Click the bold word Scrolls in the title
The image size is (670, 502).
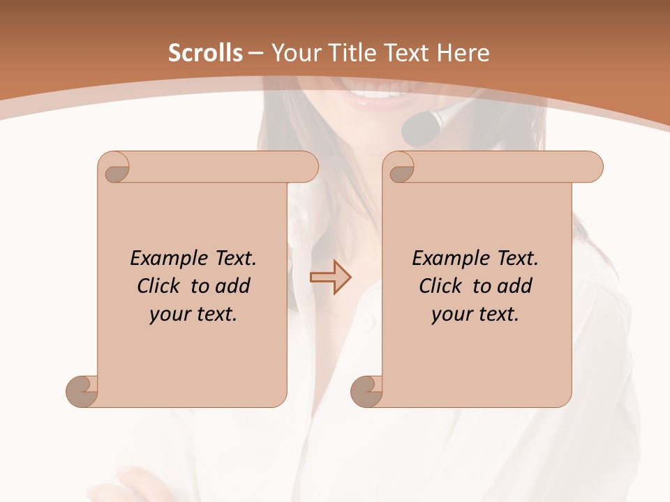pyautogui.click(x=205, y=53)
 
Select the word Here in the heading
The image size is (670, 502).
pyautogui.click(x=462, y=53)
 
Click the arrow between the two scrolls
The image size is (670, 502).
pyautogui.click(x=331, y=277)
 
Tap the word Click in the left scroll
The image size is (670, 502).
pyautogui.click(x=158, y=286)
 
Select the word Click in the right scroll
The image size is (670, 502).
pyautogui.click(x=440, y=286)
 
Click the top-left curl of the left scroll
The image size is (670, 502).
pyautogui.click(x=115, y=167)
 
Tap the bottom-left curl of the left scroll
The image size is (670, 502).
pyautogui.click(x=82, y=390)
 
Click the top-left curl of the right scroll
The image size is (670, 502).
pyautogui.click(x=401, y=167)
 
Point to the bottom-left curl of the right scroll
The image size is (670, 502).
pyautogui.click(x=366, y=390)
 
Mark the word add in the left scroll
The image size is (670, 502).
pyautogui.click(x=232, y=286)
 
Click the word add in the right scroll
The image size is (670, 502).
pyautogui.click(x=514, y=286)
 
